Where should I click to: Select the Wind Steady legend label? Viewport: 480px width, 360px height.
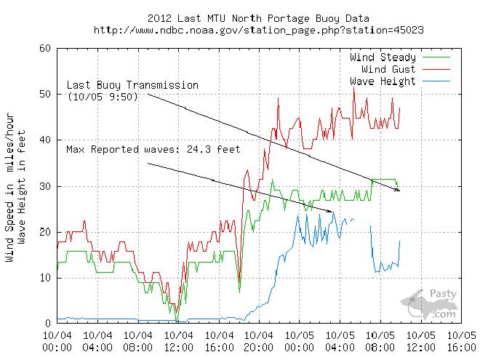(x=383, y=57)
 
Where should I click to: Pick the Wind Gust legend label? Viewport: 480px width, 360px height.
(x=388, y=68)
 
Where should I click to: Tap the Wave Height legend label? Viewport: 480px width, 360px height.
(x=383, y=81)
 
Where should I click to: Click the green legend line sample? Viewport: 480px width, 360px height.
(x=435, y=57)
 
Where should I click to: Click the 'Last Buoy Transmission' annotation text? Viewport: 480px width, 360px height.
(x=132, y=85)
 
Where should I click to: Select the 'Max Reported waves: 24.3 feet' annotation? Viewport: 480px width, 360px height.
(x=153, y=150)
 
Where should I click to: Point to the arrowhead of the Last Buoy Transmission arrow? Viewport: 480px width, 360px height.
(x=398, y=190)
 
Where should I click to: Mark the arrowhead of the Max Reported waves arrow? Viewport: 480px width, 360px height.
(x=331, y=212)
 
